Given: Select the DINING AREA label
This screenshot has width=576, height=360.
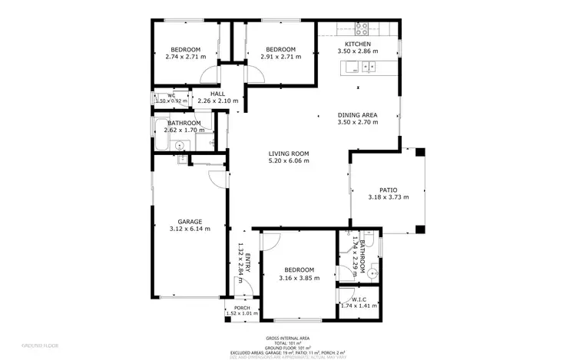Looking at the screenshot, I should pos(357,115).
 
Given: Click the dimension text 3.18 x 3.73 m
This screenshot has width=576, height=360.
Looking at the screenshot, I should pos(388,197).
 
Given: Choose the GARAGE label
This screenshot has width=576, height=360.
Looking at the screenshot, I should pos(189,221).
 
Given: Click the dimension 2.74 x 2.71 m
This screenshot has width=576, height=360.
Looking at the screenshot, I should pos(186,56).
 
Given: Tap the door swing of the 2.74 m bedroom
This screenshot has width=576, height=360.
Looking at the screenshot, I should pos(208,74).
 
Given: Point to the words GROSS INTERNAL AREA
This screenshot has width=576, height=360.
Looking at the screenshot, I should pos(287,337).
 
